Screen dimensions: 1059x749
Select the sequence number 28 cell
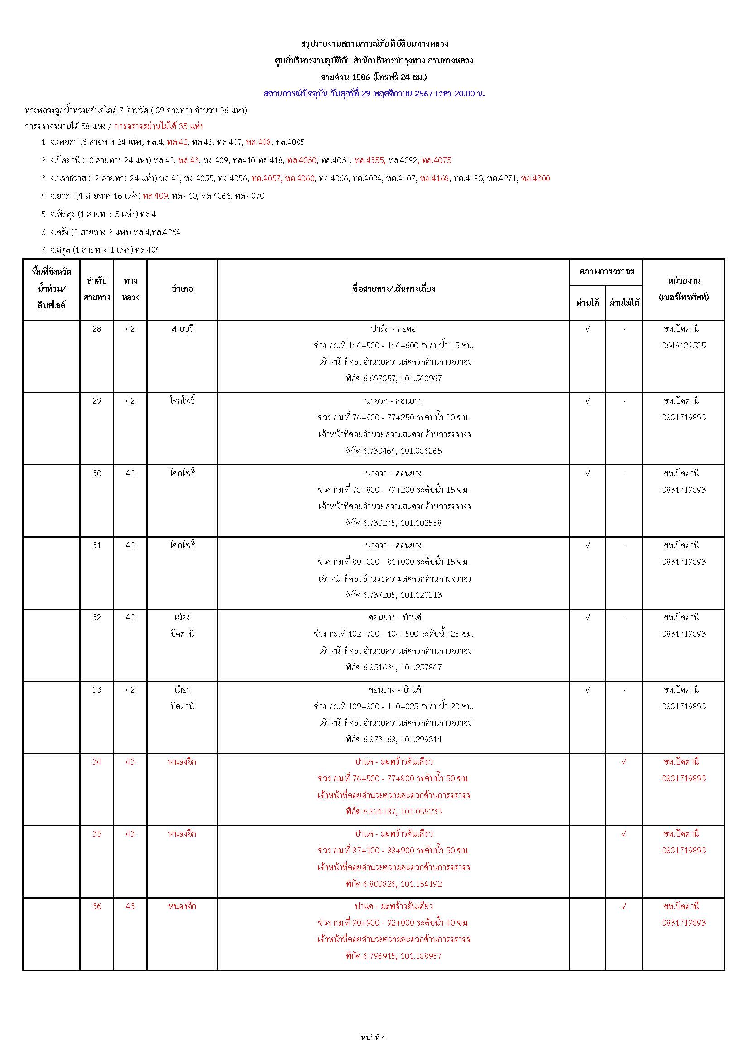tap(96, 329)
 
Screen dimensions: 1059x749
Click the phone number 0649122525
tap(683, 346)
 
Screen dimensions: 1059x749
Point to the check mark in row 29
tap(588, 401)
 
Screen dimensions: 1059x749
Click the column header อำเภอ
tap(182, 289)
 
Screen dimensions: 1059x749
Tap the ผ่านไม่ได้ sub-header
tap(624, 303)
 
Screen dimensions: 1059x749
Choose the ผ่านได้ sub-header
tap(588, 303)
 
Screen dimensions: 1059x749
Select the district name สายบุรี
tap(182, 329)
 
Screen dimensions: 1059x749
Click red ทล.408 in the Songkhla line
tap(259, 142)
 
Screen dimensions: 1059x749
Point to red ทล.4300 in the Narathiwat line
tap(535, 178)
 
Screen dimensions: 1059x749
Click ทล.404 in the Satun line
tap(147, 250)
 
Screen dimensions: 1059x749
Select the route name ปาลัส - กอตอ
tap(393, 329)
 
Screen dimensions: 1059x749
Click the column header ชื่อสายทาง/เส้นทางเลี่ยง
tap(393, 289)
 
